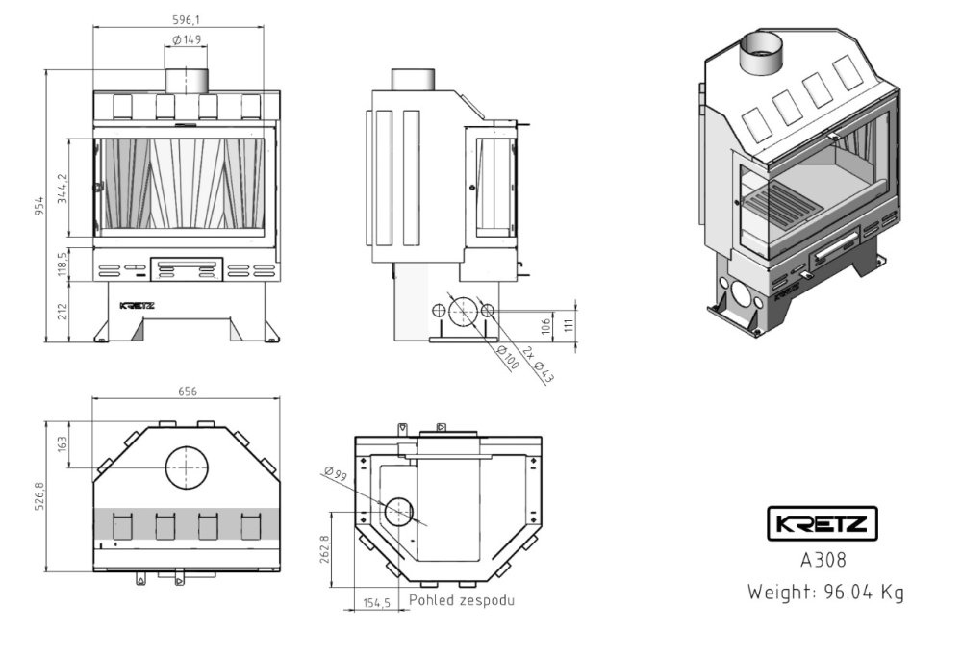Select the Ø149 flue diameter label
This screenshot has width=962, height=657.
click(187, 39)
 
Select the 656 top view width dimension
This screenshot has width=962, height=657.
click(187, 392)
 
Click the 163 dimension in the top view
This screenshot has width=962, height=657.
click(63, 443)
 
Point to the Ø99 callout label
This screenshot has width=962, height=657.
click(335, 472)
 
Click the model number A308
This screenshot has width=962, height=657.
click(823, 559)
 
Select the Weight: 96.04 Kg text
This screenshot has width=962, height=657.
click(825, 592)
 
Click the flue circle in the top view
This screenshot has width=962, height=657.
click(186, 468)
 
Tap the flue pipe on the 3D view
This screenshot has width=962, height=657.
click(763, 53)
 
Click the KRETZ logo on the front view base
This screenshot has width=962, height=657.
click(136, 305)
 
